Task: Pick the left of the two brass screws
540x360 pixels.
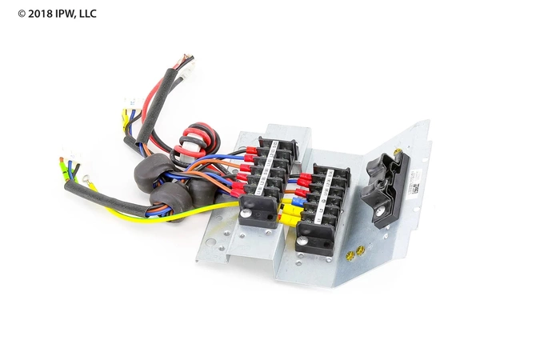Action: click(350, 256)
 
